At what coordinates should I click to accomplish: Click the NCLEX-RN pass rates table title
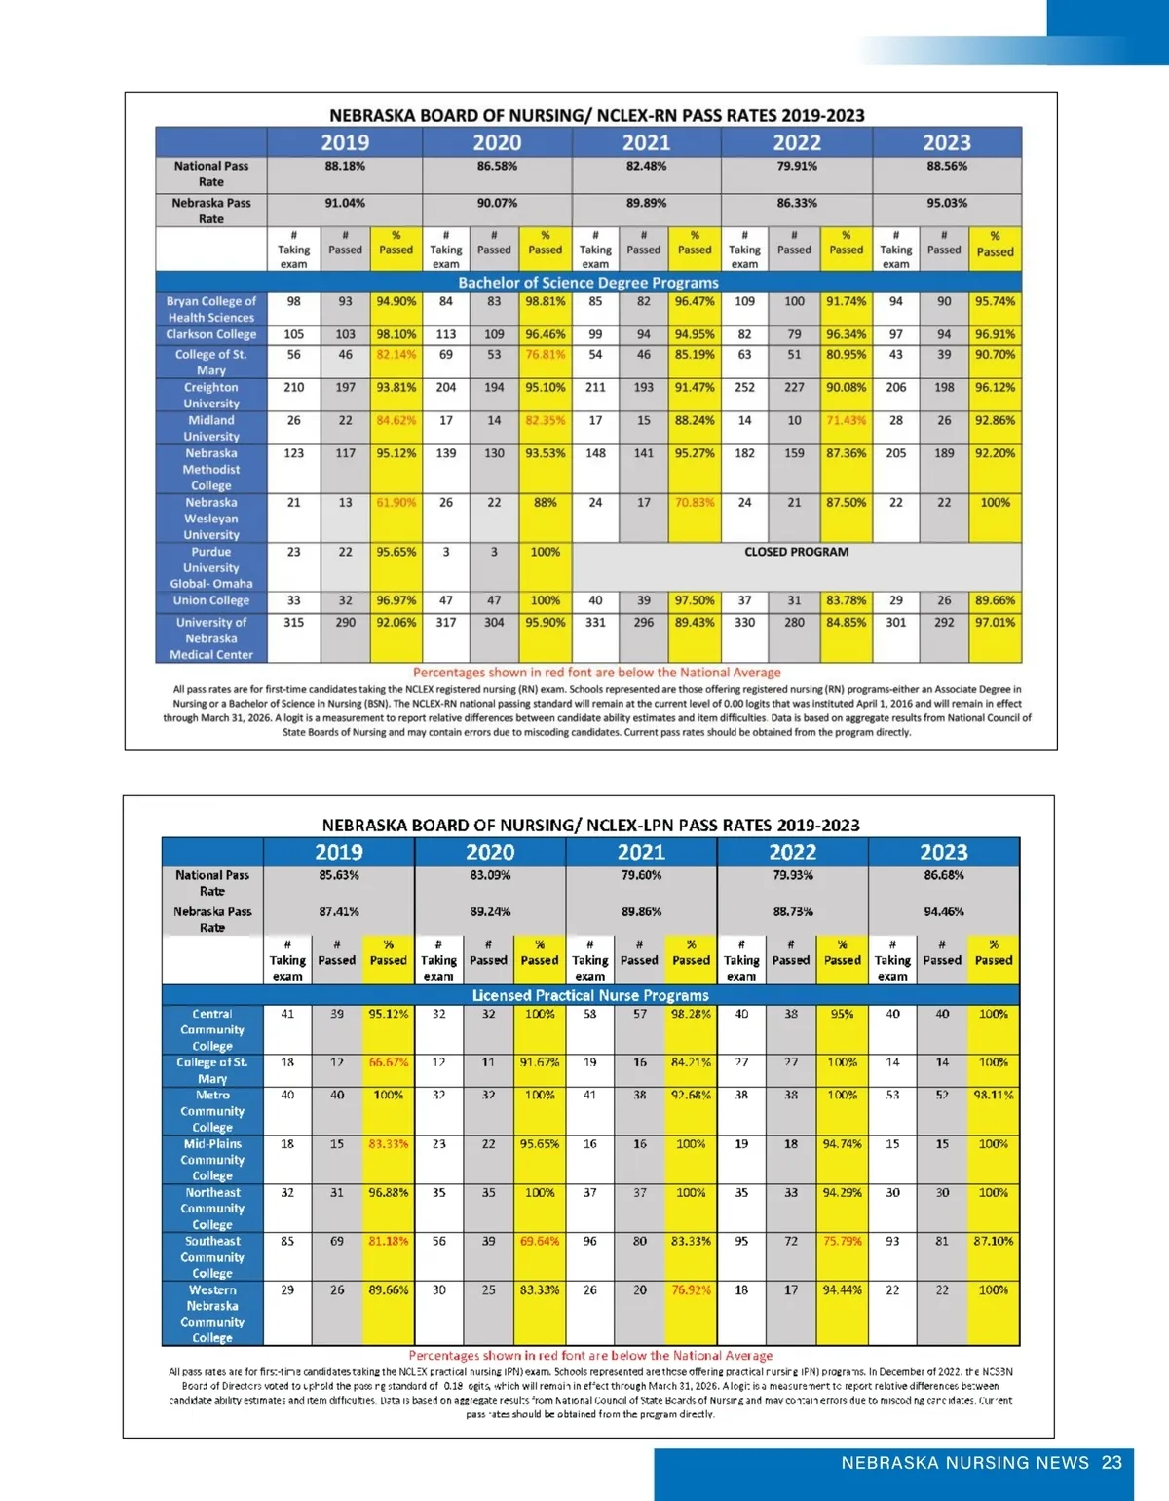point(596,115)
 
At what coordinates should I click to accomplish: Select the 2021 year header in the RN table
point(646,142)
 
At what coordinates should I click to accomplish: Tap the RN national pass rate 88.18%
point(345,167)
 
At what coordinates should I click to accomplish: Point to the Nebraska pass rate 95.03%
point(947,204)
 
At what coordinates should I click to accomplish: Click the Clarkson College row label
point(210,334)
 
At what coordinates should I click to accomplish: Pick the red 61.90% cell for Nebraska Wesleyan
point(396,503)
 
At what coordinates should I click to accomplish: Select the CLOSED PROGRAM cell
point(796,552)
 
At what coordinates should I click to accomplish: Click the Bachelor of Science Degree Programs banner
point(588,283)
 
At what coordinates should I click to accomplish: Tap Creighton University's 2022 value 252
point(744,388)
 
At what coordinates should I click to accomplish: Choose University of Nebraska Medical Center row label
point(210,638)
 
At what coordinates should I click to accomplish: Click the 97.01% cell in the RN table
point(995,623)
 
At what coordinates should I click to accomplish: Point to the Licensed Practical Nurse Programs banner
point(590,995)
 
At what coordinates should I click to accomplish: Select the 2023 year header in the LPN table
point(944,852)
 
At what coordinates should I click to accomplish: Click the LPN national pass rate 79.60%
point(641,875)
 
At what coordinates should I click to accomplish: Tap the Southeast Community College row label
point(212,1257)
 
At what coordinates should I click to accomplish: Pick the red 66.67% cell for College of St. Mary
point(388,1062)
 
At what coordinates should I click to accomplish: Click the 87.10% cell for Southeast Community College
point(993,1242)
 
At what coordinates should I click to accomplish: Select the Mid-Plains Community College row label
point(212,1160)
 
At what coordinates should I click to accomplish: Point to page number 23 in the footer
point(1112,1463)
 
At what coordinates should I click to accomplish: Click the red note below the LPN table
point(590,1355)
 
